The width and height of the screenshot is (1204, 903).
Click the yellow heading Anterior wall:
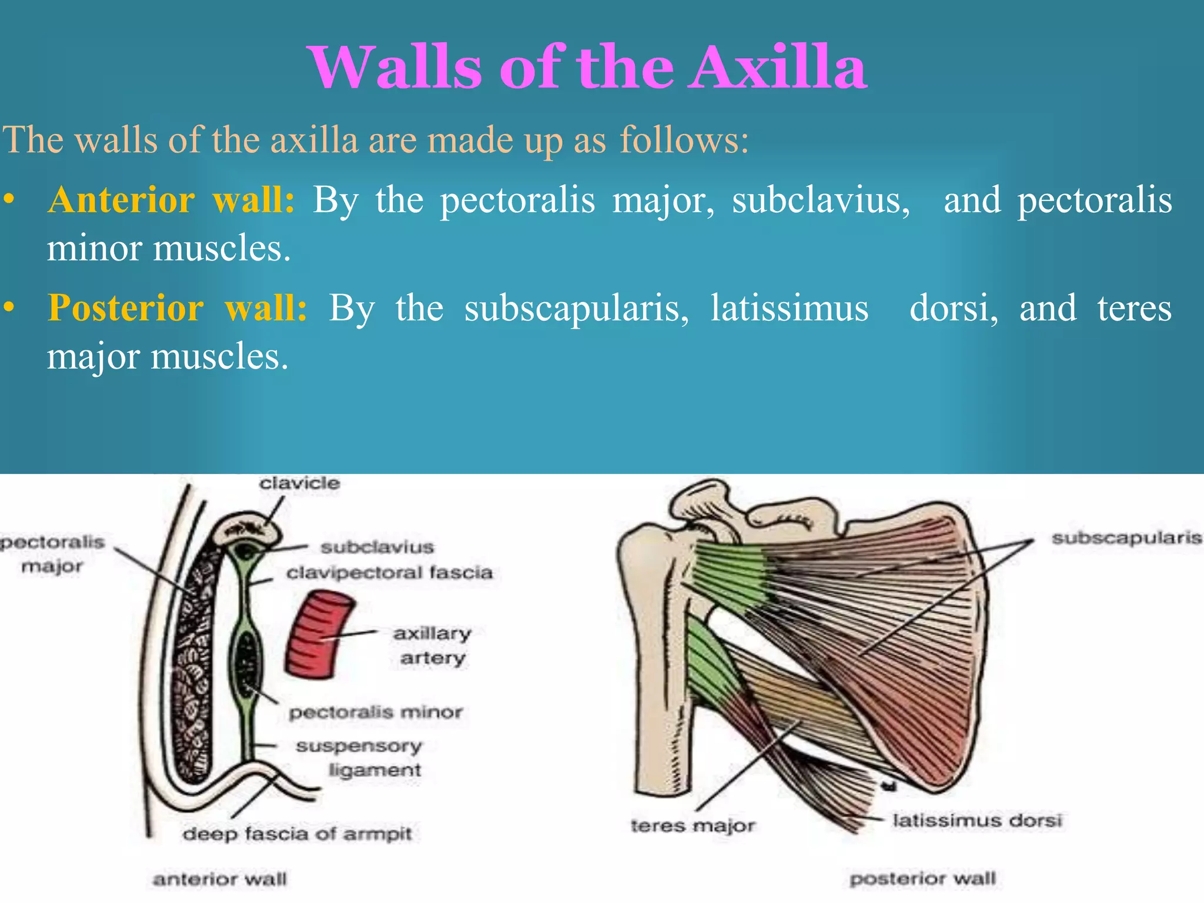point(171,200)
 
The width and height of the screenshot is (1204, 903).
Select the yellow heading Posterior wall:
point(177,308)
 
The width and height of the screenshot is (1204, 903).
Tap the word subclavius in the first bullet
point(821,200)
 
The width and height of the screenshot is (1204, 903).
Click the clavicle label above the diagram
point(300,483)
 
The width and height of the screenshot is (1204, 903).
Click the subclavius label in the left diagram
point(377,547)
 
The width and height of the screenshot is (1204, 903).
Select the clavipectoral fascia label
point(389,573)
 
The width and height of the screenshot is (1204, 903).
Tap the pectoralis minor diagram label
point(376,713)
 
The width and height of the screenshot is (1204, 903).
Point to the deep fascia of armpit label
point(297,834)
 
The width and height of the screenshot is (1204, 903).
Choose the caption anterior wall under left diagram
point(220,879)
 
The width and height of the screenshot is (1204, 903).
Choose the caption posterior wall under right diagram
point(922,879)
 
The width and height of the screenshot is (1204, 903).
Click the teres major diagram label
point(693,826)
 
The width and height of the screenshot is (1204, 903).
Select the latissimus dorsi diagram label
point(977,820)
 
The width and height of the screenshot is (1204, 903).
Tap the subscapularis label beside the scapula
point(1126,538)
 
